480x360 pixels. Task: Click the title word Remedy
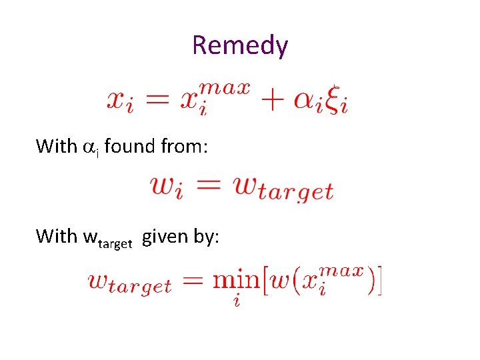240,46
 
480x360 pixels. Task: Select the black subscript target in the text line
115,244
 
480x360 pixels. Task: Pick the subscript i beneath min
237,302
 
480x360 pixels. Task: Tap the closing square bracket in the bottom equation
379,281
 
